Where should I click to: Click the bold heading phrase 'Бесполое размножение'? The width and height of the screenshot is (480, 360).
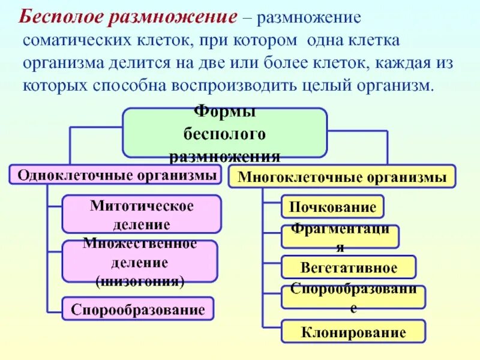click(x=127, y=16)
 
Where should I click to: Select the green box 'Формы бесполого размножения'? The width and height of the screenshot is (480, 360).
click(x=225, y=133)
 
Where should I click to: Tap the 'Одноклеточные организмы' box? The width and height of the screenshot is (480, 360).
click(x=116, y=175)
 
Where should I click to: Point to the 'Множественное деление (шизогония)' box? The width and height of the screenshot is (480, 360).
click(x=139, y=262)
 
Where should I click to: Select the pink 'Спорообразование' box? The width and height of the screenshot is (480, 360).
click(x=138, y=309)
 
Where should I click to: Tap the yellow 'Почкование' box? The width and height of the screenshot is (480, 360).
click(x=332, y=207)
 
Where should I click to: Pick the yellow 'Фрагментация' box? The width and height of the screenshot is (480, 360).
click(x=340, y=237)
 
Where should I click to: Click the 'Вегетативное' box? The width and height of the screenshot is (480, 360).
click(x=348, y=267)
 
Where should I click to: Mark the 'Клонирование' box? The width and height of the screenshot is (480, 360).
click(x=353, y=331)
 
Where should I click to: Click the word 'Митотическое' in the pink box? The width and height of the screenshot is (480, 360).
click(x=142, y=206)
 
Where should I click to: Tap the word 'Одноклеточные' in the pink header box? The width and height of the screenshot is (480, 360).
click(x=64, y=175)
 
